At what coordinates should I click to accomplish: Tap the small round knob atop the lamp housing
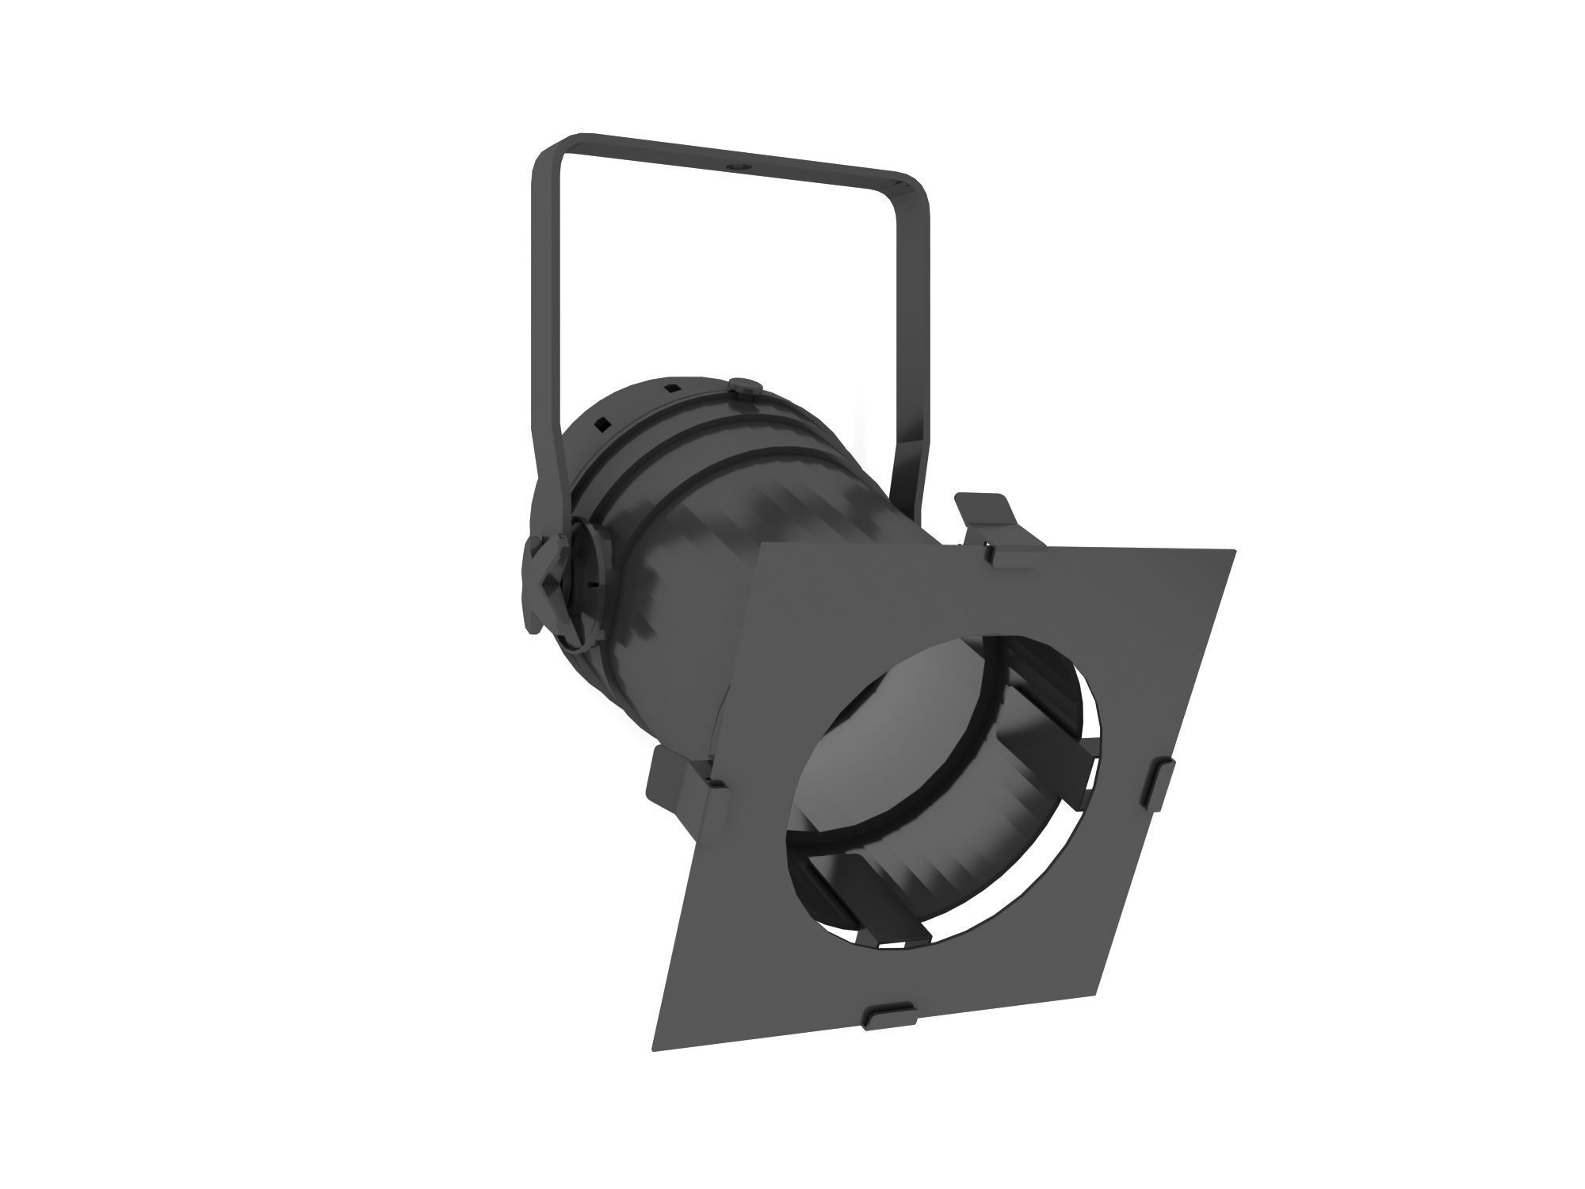click(x=746, y=386)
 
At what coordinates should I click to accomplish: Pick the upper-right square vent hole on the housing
click(x=670, y=388)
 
